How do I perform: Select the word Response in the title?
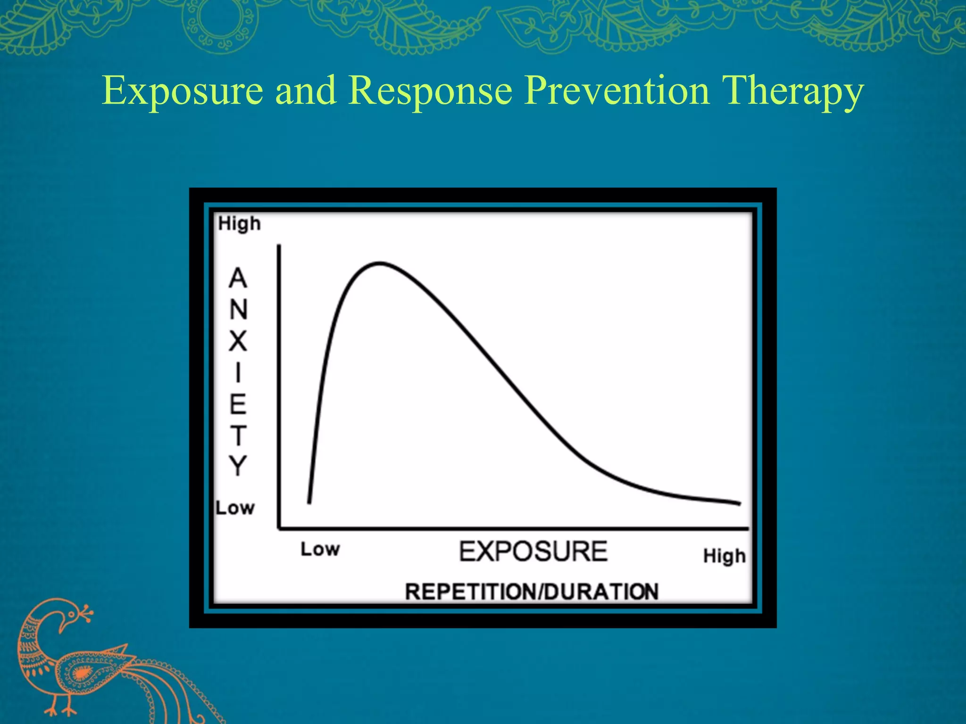point(431,90)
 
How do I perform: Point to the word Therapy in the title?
point(792,90)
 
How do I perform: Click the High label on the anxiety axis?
point(239,223)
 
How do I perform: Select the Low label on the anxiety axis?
point(235,508)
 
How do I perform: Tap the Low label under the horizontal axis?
point(320,549)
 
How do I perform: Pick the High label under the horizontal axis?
point(724,556)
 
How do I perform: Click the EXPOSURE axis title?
point(533,551)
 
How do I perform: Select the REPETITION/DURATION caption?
point(532,592)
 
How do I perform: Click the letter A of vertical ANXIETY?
point(238,278)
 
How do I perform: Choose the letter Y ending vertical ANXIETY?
point(238,466)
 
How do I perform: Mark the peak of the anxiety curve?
point(380,263)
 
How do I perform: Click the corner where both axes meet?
point(279,528)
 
